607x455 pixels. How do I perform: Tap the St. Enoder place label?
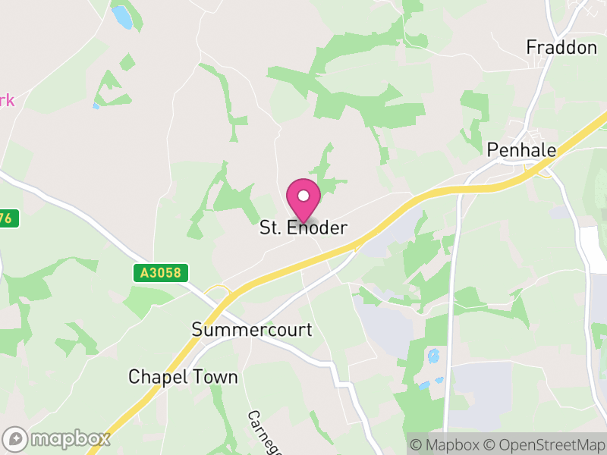coord(303,227)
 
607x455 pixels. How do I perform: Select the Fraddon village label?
coord(561,48)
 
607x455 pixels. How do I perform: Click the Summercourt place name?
coord(252,330)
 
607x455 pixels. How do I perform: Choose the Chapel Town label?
coord(183,377)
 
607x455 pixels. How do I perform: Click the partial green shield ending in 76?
coord(7,218)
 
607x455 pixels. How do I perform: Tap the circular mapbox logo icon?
coord(16,439)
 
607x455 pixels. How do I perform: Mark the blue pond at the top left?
coord(121,17)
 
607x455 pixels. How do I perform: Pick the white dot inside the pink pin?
coord(303,196)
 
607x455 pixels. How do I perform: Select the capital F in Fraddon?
coord(532,48)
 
